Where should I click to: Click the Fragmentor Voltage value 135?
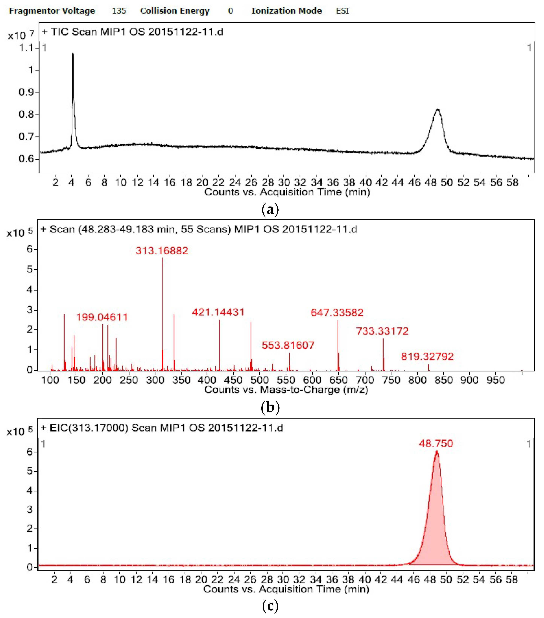119,11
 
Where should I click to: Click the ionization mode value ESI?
342,11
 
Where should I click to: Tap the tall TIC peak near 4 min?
73,91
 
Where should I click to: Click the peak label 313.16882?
162,251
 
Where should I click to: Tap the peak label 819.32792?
427,356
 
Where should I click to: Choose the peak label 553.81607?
288,345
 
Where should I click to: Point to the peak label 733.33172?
382,331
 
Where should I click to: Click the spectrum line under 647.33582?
338,345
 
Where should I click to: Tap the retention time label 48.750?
436,444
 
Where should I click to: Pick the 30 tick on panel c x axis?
283,580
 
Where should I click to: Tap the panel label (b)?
270,407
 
